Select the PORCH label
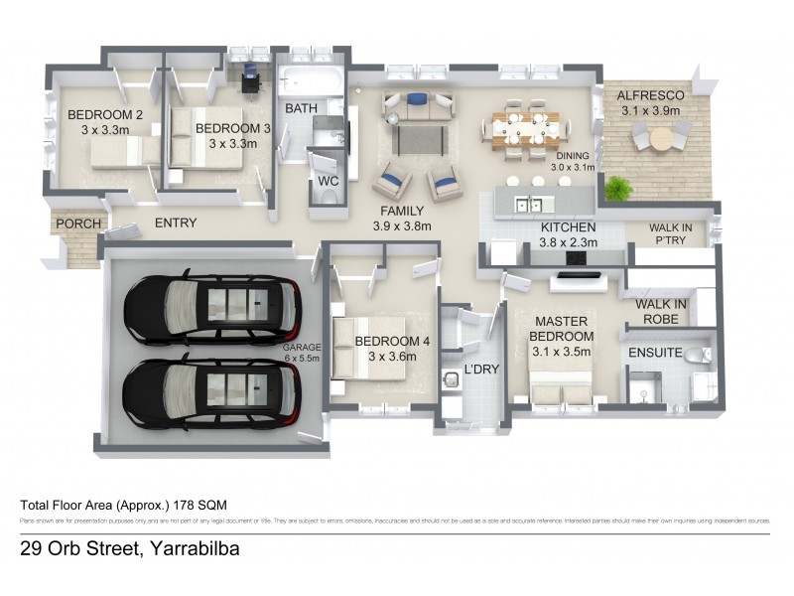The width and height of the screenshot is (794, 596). tap(76, 223)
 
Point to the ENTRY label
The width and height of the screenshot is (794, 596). tap(176, 223)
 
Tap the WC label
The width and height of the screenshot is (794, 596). tap(328, 182)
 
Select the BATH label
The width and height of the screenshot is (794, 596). tap(301, 107)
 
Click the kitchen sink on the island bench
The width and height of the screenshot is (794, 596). tap(527, 206)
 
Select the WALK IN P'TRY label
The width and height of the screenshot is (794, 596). tap(672, 232)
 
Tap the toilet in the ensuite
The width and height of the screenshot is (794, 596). tap(702, 355)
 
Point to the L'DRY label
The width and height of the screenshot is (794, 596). tap(481, 371)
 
